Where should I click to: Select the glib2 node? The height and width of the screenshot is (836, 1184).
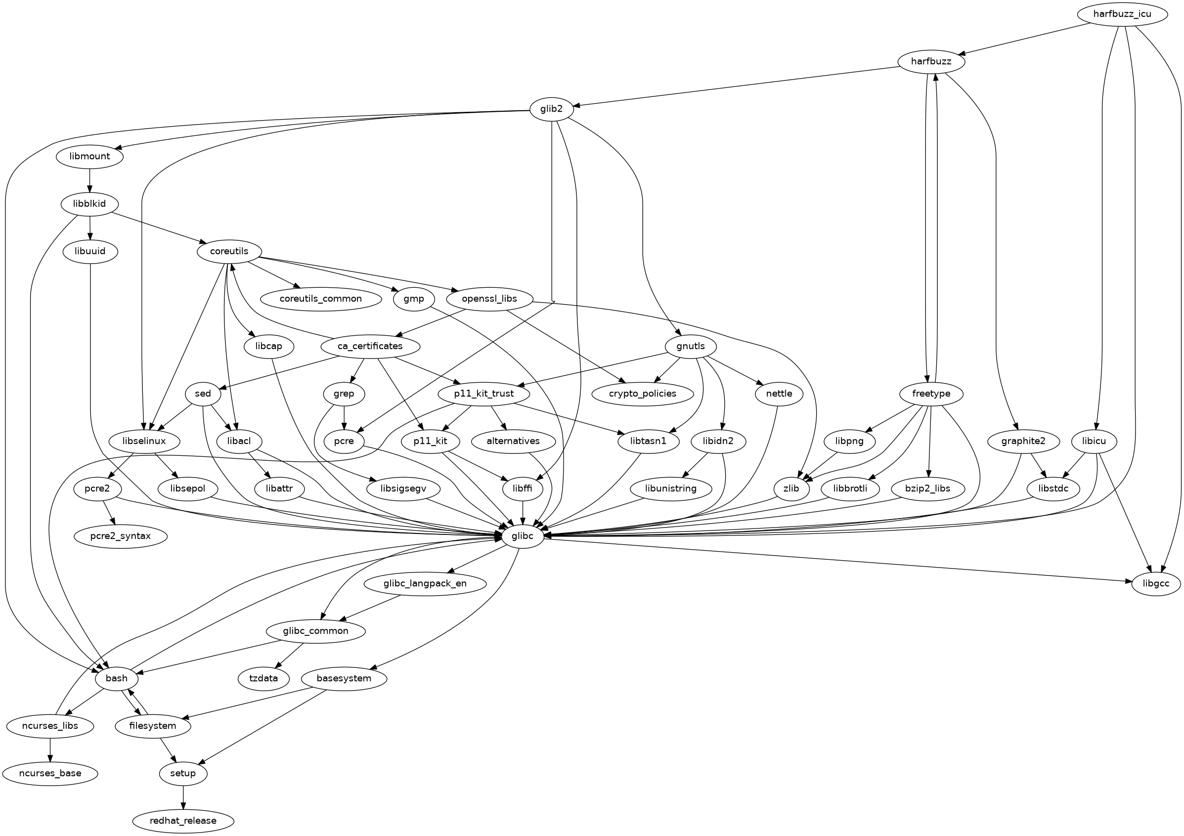pyautogui.click(x=552, y=109)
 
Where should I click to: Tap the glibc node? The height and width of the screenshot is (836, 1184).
pyautogui.click(x=523, y=536)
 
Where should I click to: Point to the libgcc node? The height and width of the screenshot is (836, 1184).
pyautogui.click(x=1156, y=584)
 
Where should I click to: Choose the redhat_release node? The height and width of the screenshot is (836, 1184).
pyautogui.click(x=183, y=821)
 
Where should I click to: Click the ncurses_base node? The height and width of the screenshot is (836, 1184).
pyautogui.click(x=50, y=774)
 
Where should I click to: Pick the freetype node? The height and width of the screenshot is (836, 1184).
pyautogui.click(x=931, y=394)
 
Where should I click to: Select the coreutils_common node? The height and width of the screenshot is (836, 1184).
pyautogui.click(x=320, y=299)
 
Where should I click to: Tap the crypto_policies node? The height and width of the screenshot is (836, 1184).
pyautogui.click(x=642, y=394)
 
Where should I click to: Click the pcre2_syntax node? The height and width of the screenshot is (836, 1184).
pyautogui.click(x=121, y=536)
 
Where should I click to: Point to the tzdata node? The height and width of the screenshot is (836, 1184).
pyautogui.click(x=263, y=678)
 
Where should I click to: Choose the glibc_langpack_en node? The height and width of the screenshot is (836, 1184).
pyautogui.click(x=425, y=584)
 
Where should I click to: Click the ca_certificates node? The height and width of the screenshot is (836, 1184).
pyautogui.click(x=370, y=346)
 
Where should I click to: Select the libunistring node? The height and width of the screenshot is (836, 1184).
pyautogui.click(x=670, y=488)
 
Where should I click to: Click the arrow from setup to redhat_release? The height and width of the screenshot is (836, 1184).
pyautogui.click(x=183, y=797)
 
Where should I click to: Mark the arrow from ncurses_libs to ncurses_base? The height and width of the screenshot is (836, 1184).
pyautogui.click(x=50, y=749)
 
